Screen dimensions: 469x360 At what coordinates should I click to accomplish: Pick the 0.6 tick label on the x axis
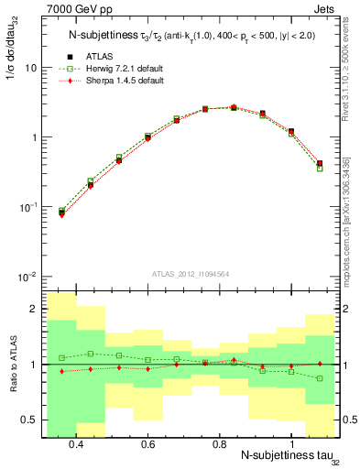[x=147, y=444]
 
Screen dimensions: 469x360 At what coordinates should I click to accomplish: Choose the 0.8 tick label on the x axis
[x=219, y=444]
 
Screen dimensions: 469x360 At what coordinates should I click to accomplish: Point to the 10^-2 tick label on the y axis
[x=29, y=276]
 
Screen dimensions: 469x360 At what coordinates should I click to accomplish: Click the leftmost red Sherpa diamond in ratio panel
[x=61, y=371]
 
